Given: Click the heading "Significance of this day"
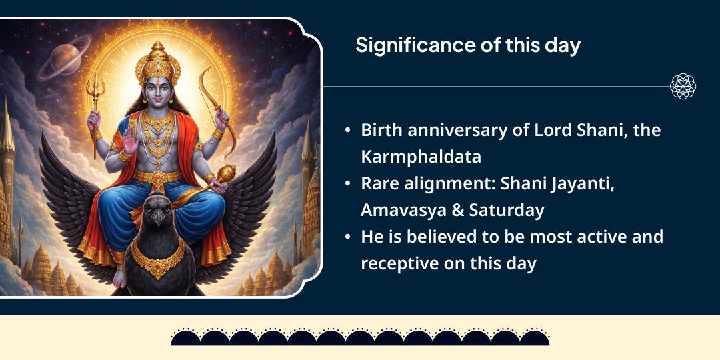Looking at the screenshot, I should point(467,45).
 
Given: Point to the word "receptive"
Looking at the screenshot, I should point(401,263).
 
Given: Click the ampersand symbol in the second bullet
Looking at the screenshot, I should point(440,210).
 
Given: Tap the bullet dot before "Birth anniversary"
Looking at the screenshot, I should point(348,131).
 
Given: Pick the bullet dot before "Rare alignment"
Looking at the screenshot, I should point(348,184).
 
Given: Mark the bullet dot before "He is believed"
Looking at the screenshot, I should point(348,237).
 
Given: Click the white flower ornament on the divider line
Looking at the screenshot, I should point(682,87).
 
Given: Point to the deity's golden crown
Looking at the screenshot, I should point(157,63).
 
